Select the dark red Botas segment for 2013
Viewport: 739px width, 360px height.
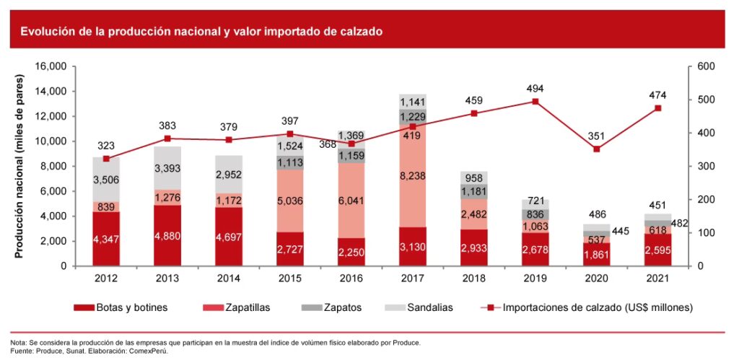tap(167, 235)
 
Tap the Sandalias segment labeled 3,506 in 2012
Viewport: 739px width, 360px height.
tap(106, 180)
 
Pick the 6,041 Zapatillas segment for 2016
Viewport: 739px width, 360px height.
tap(351, 202)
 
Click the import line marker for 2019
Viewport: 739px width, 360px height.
tap(535, 102)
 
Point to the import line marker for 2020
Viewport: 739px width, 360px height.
tap(597, 149)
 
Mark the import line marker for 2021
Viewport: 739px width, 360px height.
tap(658, 108)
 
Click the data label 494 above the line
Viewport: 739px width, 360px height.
tap(535, 89)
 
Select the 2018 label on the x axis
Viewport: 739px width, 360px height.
tap(474, 277)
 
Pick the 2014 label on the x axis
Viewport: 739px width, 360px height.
tap(229, 277)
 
